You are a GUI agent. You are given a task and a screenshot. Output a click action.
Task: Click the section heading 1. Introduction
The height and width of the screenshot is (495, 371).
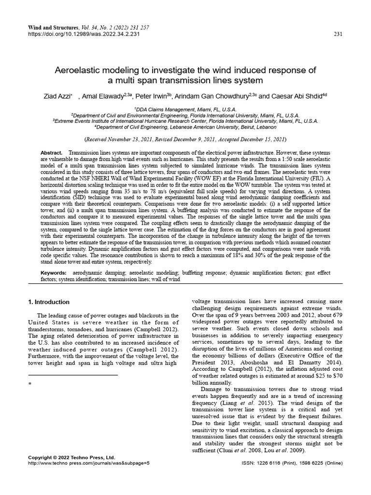click(x=49, y=302)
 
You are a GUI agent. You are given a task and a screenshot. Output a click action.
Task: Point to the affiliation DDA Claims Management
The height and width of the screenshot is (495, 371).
click(x=185, y=110)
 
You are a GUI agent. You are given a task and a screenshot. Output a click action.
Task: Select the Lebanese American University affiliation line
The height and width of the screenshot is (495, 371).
click(x=185, y=127)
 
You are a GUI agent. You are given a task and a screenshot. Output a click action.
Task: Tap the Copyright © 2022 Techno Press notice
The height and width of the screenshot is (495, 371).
click(x=71, y=457)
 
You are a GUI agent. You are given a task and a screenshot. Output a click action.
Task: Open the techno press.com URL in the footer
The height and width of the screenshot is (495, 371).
click(x=89, y=463)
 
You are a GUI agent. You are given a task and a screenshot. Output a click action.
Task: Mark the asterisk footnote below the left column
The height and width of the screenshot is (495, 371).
click(x=30, y=383)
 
